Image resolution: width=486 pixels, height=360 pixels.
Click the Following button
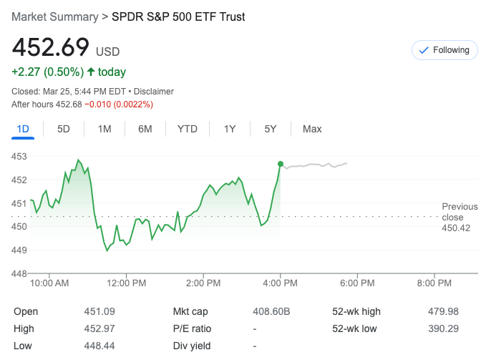(x=444, y=50)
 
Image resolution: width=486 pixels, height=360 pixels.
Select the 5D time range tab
(x=64, y=129)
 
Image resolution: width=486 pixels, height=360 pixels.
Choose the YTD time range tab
(x=188, y=129)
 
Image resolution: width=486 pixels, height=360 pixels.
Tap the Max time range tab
(x=312, y=129)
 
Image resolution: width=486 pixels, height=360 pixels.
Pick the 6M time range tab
(x=145, y=129)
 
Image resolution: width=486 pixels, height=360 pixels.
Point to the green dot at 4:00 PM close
(x=280, y=164)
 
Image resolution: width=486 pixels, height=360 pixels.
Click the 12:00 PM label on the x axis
(x=126, y=283)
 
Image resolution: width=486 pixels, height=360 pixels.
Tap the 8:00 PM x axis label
(x=434, y=283)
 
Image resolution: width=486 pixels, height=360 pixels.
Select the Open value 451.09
(x=99, y=311)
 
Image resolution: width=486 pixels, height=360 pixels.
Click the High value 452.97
(x=99, y=329)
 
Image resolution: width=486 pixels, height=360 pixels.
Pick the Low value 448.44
(x=99, y=346)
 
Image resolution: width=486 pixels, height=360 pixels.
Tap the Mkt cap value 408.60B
(x=271, y=311)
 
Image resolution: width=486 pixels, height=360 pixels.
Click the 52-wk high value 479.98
(x=442, y=311)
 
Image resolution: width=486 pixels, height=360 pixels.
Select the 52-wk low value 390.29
(x=442, y=329)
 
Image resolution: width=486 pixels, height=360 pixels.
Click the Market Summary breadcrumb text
(x=54, y=16)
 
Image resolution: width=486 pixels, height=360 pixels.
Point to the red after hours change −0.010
(x=101, y=104)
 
